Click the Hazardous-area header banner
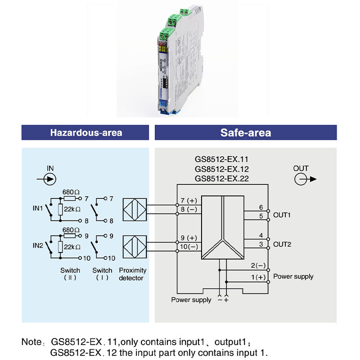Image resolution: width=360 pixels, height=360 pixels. [x=86, y=133]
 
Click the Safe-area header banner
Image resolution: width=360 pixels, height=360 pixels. [x=246, y=133]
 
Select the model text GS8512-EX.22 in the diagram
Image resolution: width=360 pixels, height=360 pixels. [x=221, y=179]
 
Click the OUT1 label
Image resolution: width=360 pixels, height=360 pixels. [x=282, y=215]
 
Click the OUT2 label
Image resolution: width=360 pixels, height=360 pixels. [x=282, y=244]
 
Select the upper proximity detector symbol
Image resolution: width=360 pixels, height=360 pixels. [x=133, y=209]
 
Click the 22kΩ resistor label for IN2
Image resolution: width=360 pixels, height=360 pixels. [x=72, y=247]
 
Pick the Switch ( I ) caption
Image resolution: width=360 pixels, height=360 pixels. [x=102, y=274]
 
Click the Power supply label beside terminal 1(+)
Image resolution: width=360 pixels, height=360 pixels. [x=293, y=276]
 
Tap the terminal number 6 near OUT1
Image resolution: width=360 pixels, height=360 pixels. [x=261, y=207]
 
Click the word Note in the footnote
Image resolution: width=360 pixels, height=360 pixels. [x=30, y=342]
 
